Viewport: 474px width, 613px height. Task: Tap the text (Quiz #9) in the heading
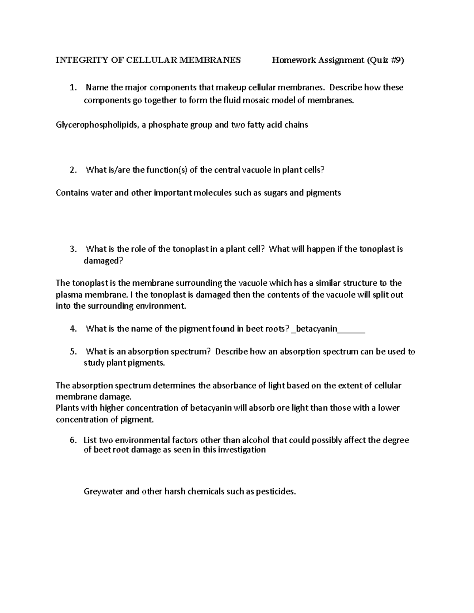click(x=386, y=60)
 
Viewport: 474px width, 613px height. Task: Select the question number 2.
click(x=73, y=170)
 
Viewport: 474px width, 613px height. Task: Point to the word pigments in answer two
click(x=324, y=193)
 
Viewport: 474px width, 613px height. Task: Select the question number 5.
click(x=73, y=352)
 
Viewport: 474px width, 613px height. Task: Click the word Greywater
click(x=103, y=492)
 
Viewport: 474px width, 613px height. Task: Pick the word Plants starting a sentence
click(x=68, y=408)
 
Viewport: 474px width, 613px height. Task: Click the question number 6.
click(x=73, y=440)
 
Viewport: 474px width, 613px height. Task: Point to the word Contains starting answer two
click(x=72, y=193)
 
